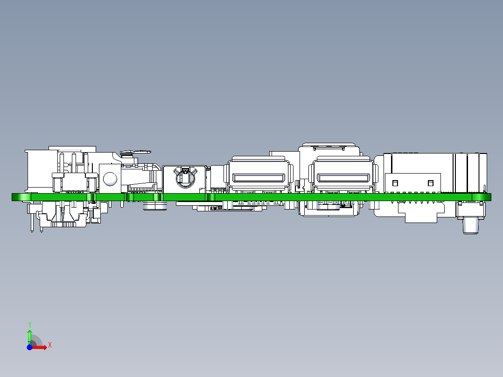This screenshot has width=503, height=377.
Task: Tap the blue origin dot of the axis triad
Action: coord(29,348)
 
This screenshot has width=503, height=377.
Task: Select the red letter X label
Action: coord(49,345)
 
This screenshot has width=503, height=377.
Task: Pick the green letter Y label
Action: coord(29,324)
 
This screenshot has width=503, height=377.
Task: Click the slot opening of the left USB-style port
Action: coord(258,178)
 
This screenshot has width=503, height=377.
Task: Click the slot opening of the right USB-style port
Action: coord(343,178)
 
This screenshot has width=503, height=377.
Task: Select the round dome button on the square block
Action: coord(110,178)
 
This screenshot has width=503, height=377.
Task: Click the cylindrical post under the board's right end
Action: coord(470,226)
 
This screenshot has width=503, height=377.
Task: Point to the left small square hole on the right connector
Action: coord(394,182)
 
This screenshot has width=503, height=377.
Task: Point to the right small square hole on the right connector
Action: coord(430,182)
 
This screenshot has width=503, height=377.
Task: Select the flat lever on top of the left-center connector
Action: coord(136,152)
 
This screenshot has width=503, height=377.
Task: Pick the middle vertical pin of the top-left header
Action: coord(73,163)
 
